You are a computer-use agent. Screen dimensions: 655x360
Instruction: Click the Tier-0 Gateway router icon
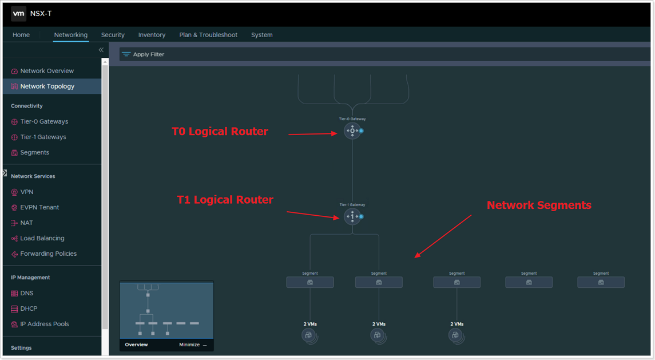coord(352,131)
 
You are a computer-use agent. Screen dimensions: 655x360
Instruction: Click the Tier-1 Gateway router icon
coord(352,216)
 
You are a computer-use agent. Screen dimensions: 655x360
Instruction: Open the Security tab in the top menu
coord(113,35)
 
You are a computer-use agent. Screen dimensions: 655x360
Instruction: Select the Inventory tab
coord(152,35)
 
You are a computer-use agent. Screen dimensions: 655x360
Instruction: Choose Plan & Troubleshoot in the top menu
coord(208,35)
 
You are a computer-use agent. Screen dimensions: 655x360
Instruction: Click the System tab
coord(262,35)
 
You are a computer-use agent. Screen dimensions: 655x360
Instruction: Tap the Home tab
coord(21,35)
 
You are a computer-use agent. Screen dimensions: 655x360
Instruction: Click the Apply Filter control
coord(143,54)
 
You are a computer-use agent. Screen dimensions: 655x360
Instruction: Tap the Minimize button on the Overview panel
coord(193,345)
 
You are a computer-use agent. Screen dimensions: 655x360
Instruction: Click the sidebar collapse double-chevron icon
coord(101,50)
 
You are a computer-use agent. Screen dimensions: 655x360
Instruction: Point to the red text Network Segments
coord(539,205)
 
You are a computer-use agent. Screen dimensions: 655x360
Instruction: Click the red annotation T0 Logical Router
coord(220,131)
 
